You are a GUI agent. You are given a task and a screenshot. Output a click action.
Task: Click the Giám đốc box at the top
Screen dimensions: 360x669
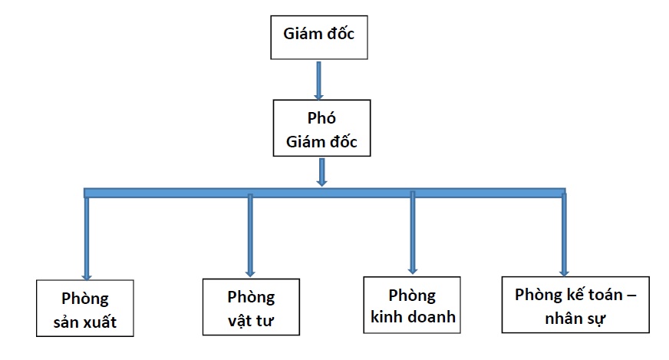pos(318,37)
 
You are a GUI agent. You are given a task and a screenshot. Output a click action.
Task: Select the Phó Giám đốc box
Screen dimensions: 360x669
pos(321,131)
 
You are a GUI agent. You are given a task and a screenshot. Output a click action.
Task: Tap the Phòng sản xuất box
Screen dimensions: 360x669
pos(85,309)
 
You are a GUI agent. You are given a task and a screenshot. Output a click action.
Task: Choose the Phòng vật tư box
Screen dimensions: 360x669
pos(250,307)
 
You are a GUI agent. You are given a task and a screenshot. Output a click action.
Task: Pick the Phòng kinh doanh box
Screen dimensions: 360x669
pos(412,305)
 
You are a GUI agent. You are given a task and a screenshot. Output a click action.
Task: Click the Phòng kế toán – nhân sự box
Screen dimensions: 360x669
pos(575,304)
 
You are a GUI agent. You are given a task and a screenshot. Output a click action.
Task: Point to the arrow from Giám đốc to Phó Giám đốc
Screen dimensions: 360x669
pos(318,80)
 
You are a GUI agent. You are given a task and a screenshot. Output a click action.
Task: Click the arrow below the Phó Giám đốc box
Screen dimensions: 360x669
pos(322,173)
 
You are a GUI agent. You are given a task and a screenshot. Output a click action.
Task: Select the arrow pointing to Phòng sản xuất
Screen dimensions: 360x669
pos(86,238)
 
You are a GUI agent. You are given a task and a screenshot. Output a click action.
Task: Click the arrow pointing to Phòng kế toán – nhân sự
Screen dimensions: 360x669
pos(564,234)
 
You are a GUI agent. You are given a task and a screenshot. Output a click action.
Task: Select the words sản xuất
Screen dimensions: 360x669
pos(85,321)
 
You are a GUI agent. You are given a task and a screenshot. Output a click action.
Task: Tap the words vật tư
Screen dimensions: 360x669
pos(251,320)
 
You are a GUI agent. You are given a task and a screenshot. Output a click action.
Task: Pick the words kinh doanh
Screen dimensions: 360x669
pos(412,316)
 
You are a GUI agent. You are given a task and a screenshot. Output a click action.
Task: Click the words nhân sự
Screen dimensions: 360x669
pos(575,315)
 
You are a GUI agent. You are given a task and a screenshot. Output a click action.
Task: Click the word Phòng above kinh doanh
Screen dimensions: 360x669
pos(412,295)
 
